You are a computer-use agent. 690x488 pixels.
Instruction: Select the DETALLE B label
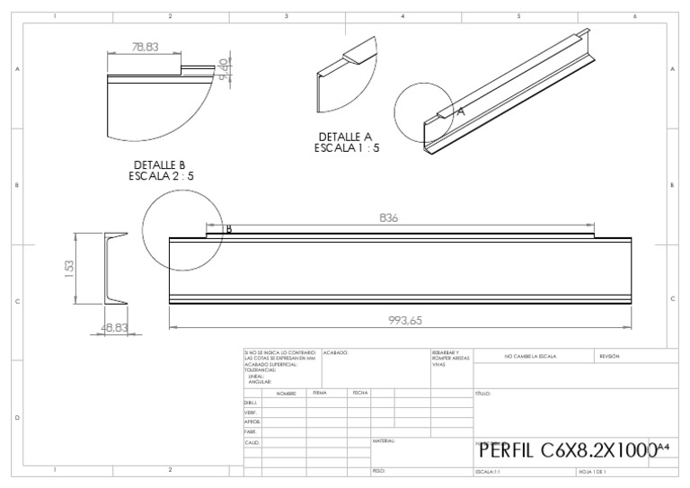159,165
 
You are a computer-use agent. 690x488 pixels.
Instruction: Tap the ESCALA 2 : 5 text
161,176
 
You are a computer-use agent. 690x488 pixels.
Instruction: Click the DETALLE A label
346,138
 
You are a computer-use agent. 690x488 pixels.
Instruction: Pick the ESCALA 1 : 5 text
347,148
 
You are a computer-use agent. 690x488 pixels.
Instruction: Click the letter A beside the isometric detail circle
460,111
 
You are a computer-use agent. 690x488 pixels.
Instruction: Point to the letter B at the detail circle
229,229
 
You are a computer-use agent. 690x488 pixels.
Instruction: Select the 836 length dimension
389,218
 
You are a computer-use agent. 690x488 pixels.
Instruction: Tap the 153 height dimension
69,270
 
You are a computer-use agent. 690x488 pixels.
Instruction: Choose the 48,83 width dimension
114,329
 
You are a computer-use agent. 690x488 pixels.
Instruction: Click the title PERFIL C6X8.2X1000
569,450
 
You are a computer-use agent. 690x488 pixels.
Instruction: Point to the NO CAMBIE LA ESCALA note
530,357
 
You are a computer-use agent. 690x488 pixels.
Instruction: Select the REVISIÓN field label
609,357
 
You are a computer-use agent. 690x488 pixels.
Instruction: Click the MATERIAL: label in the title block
384,441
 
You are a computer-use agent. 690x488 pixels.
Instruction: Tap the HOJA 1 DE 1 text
593,471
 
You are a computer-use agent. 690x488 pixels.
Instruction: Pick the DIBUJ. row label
252,403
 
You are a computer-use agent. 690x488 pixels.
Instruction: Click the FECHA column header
360,393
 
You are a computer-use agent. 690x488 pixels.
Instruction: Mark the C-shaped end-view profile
112,270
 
